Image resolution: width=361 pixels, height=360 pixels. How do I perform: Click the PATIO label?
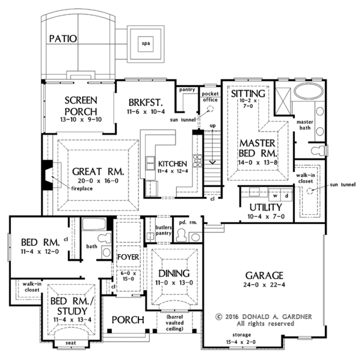pyautogui.click(x=63, y=39)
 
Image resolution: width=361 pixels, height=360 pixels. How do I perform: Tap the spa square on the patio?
pyautogui.click(x=144, y=43)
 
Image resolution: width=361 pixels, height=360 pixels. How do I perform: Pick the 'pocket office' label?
pyautogui.click(x=209, y=97)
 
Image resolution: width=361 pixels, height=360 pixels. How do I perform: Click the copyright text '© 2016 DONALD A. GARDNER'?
pyautogui.click(x=261, y=315)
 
